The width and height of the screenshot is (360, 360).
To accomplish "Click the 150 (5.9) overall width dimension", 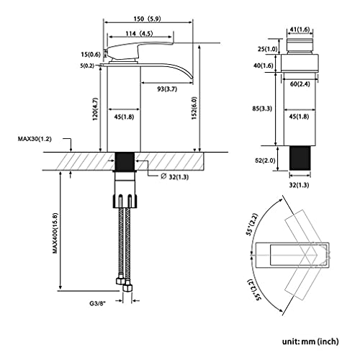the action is pos(148,19).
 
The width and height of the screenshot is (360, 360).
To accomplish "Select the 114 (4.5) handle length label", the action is pos(139,34).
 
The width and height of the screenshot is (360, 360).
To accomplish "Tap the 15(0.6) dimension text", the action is pos(91,55).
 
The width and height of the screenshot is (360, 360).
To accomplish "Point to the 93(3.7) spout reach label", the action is pos(167,89).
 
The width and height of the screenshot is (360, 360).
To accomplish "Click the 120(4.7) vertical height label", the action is pos(95,109).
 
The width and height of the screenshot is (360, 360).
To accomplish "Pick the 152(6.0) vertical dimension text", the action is pos(194,108).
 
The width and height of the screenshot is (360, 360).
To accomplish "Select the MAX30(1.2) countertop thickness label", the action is pos(35,139).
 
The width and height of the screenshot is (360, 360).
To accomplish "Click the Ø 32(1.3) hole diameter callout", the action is pos(175,177).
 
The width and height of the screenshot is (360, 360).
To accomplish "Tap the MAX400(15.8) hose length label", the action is pos(55,233).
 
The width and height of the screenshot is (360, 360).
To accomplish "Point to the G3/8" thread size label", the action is pos(98,303).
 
